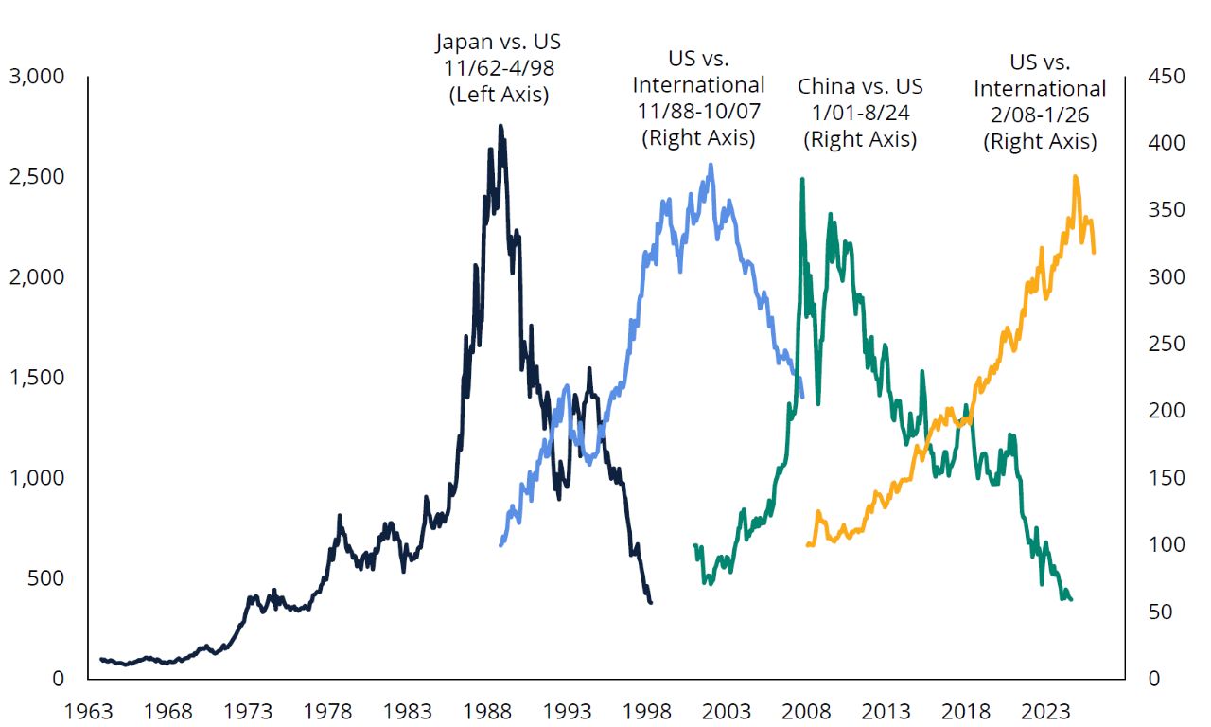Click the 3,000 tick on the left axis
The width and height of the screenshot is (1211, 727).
pos(37,77)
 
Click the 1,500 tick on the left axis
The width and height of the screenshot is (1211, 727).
pos(37,378)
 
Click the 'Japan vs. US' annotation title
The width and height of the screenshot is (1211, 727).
pos(498,43)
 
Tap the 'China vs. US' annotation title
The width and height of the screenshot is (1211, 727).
pos(860,87)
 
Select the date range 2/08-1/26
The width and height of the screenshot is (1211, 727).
pos(1040,115)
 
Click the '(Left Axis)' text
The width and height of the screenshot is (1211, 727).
pos(498,95)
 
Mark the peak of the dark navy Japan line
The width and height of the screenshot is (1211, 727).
pos(500,126)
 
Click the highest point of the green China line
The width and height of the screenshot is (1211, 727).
pos(802,178)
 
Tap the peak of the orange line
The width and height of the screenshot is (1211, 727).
pos(1076,176)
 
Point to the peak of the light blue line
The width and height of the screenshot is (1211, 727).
pos(711,165)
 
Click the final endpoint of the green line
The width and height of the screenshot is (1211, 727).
pos(1071,599)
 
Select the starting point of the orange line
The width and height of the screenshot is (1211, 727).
pos(807,545)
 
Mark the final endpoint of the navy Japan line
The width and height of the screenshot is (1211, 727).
pos(651,602)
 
